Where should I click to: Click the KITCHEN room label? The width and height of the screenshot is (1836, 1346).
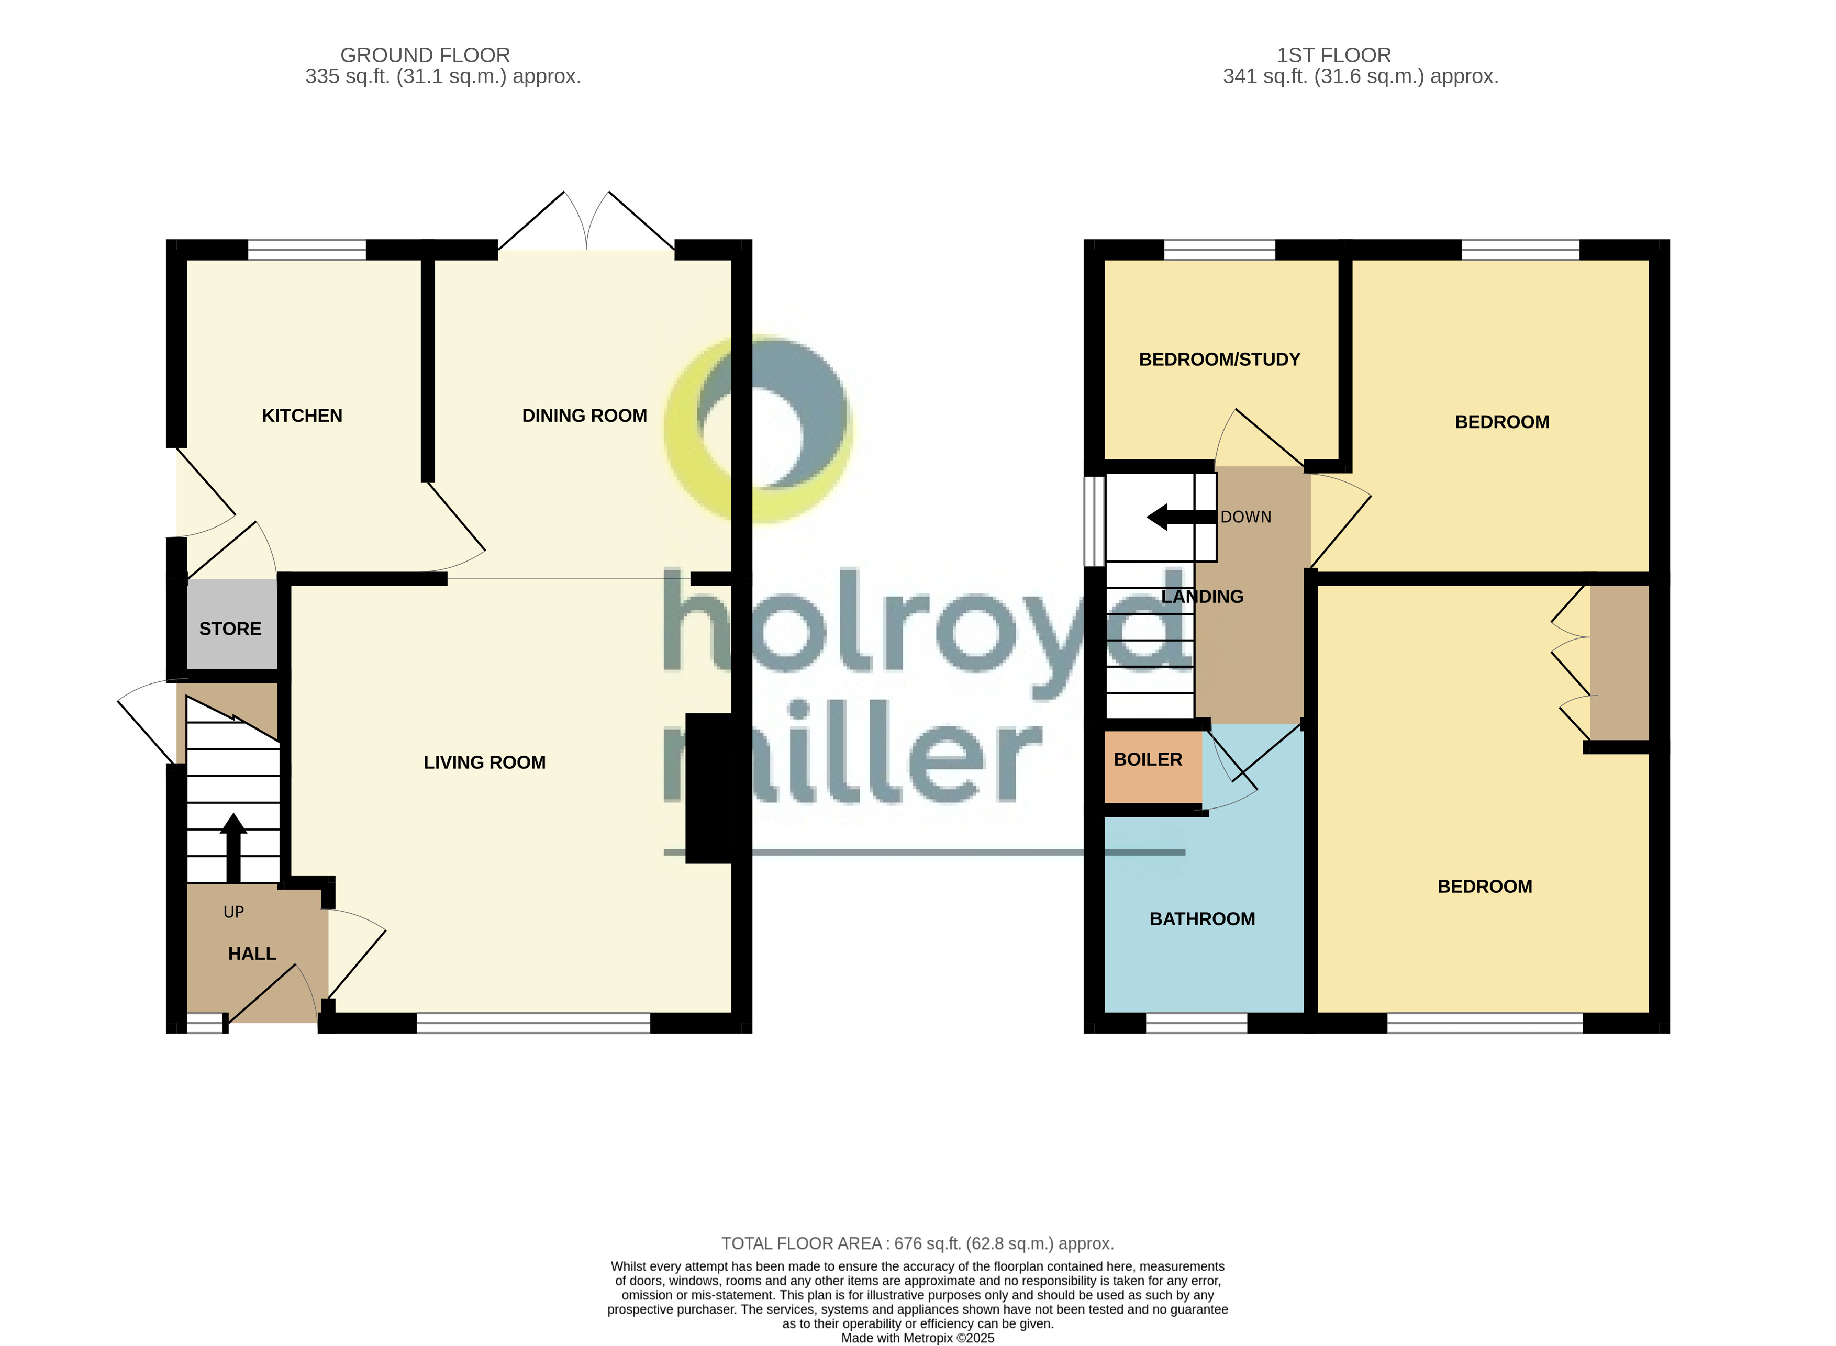click(x=302, y=416)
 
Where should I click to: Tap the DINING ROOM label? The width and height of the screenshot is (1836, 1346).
click(x=584, y=416)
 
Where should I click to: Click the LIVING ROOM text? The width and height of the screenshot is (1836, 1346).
click(x=484, y=762)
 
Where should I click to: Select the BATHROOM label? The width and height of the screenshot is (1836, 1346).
click(x=1202, y=919)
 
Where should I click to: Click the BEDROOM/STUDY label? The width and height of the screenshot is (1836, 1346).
click(x=1219, y=360)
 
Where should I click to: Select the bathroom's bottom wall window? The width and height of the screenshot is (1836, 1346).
click(x=1196, y=1023)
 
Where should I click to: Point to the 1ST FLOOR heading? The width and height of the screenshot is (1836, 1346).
click(x=1333, y=55)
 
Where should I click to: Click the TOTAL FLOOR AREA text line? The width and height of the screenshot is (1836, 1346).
click(x=918, y=1243)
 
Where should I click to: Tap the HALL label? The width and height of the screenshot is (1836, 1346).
click(x=252, y=954)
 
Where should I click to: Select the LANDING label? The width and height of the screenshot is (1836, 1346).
click(x=1202, y=597)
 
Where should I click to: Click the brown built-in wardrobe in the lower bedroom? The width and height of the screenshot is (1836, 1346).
click(x=1619, y=661)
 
